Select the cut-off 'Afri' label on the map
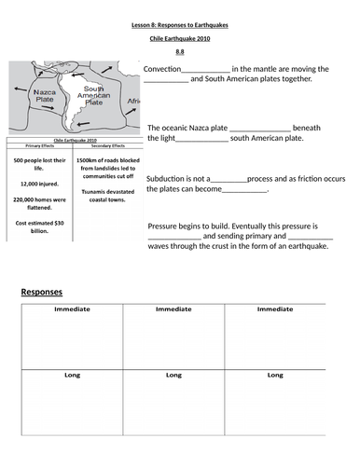pos(132,102)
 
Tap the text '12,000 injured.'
pos(40,184)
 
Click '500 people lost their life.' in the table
pos(40,164)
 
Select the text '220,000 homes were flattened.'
pos(40,204)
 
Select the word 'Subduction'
pos(169,177)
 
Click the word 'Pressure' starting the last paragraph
pos(164,226)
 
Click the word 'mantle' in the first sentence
pos(270,69)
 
